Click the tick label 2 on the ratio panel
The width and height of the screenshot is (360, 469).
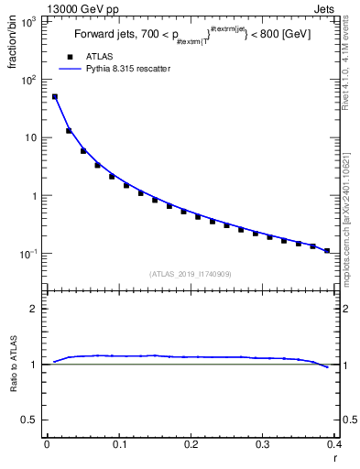coord(34,309)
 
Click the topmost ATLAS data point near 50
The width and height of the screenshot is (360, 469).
coord(54,96)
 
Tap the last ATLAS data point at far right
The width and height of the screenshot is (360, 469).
coord(327,250)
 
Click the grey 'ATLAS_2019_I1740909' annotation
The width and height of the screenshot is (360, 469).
coord(191,273)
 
